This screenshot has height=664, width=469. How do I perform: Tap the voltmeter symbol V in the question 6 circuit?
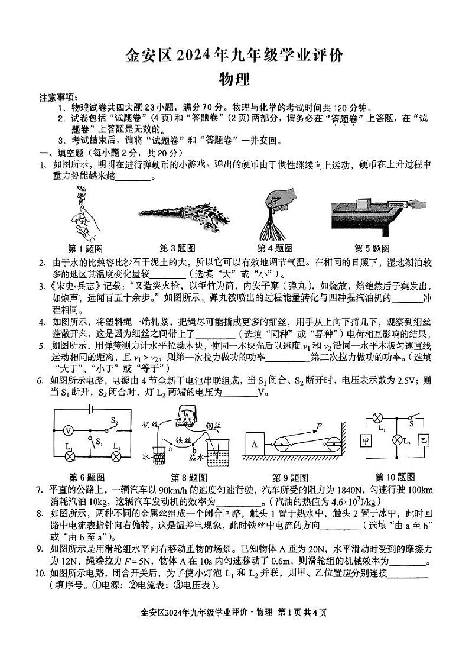pyautogui.click(x=68, y=431)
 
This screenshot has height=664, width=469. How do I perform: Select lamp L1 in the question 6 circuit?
pyautogui.click(x=69, y=456)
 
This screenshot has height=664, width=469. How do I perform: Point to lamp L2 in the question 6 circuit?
pyautogui.click(x=116, y=456)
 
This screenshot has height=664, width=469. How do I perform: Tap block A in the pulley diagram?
pyautogui.click(x=255, y=442)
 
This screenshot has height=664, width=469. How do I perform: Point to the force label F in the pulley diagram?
pyautogui.click(x=319, y=425)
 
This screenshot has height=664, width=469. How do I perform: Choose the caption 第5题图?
pyautogui.click(x=372, y=248)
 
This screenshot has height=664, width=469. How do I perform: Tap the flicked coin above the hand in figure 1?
pyautogui.click(x=81, y=191)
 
